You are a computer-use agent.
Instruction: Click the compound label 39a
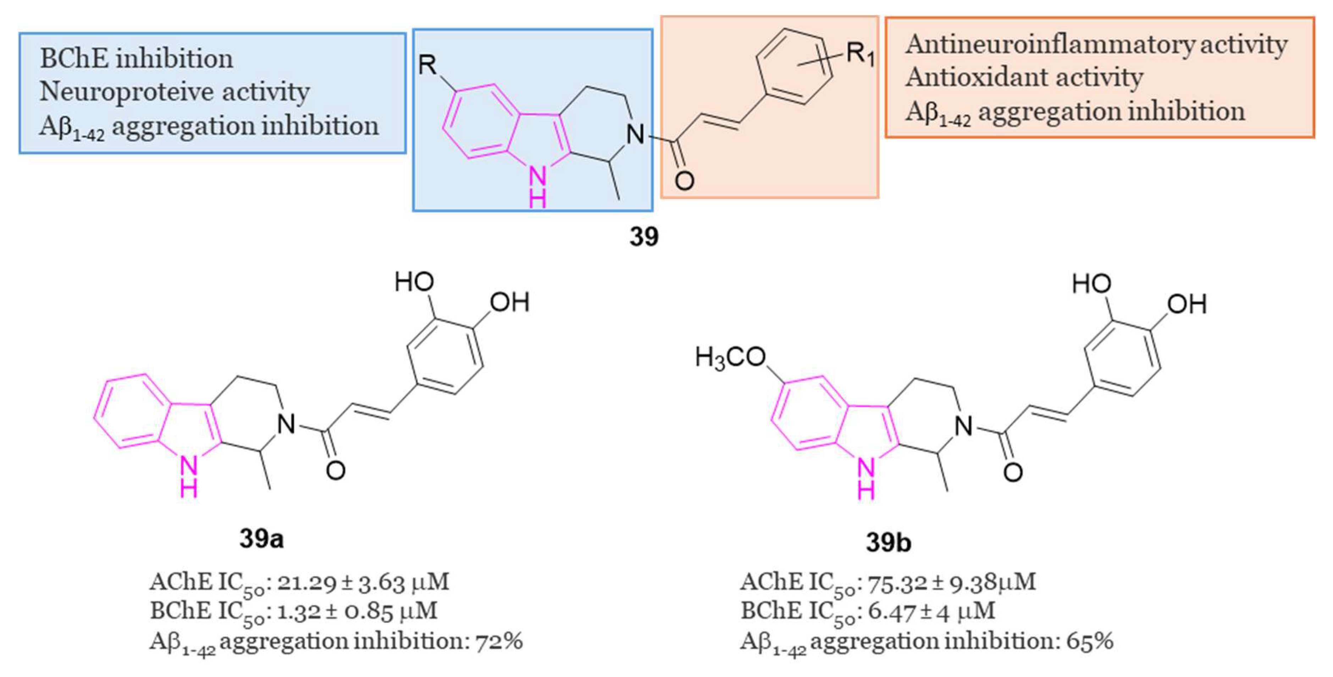tap(261, 539)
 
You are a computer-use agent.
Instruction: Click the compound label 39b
tap(888, 542)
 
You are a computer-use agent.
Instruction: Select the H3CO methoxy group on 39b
tap(730, 357)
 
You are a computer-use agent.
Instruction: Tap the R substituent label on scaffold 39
tap(427, 66)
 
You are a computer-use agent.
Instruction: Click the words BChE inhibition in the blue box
tap(136, 59)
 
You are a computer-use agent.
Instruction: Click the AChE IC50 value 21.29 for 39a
tap(307, 582)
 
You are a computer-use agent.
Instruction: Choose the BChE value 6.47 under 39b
tap(889, 612)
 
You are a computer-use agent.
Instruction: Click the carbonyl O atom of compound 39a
tap(335, 470)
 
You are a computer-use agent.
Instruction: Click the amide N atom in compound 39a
tap(286, 424)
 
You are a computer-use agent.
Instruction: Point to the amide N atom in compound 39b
tap(963, 426)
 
